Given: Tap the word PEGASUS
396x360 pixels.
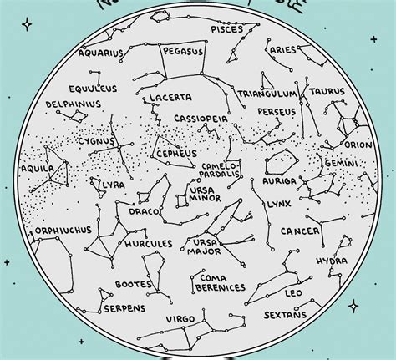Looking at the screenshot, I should (182, 50).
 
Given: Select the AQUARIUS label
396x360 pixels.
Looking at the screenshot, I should (100, 53).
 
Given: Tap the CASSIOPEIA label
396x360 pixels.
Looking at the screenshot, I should (201, 119).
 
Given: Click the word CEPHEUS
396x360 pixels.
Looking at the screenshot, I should (176, 154).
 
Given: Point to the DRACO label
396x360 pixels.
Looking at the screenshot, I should (139, 211).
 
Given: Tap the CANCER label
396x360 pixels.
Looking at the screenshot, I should (300, 231).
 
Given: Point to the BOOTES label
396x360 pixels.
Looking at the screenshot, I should (134, 284).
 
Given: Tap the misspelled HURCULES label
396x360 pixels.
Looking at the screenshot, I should (148, 244).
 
